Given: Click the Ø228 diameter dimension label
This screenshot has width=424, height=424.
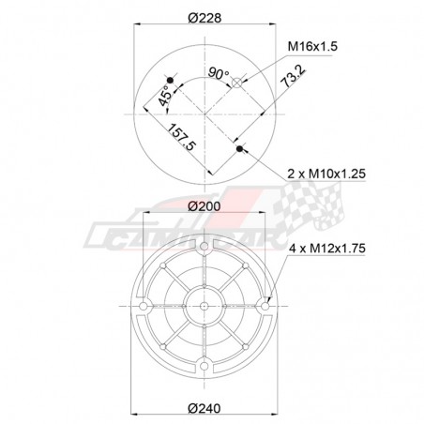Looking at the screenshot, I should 204,18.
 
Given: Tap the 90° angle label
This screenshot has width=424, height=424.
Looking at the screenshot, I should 220,72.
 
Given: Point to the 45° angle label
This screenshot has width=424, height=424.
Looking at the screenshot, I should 165,94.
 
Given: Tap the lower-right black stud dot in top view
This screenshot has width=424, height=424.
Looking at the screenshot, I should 239,148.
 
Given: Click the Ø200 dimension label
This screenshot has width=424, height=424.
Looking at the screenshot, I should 204,204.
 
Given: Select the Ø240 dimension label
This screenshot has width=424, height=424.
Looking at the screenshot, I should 204,408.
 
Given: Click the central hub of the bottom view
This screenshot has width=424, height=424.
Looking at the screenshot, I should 204,306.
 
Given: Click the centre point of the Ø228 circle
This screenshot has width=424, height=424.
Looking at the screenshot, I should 204,114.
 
